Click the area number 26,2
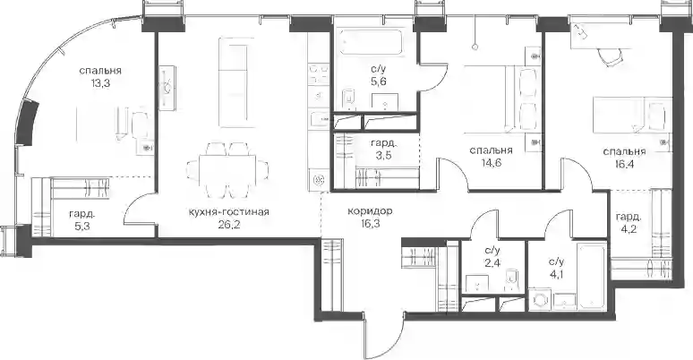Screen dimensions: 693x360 pyautogui.click(x=228, y=223)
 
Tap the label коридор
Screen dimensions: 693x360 pyautogui.click(x=370, y=211)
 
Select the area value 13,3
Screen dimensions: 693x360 pyautogui.click(x=100, y=82)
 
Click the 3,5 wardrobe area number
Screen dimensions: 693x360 pyautogui.click(x=383, y=155)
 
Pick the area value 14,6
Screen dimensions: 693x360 pyautogui.click(x=492, y=162)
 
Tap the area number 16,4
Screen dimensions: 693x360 pyautogui.click(x=624, y=163)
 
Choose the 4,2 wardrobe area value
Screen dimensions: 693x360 pyautogui.click(x=629, y=228)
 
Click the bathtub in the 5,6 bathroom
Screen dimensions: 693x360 pyautogui.click(x=371, y=42)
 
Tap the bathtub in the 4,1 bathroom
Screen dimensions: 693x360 pyautogui.click(x=591, y=277)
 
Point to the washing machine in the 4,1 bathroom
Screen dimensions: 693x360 pyautogui.click(x=541, y=299)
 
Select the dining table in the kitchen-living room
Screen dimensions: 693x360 pyautogui.click(x=227, y=169)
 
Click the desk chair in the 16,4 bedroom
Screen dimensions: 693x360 pyautogui.click(x=610, y=56)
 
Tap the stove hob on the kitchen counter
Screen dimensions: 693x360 pyautogui.click(x=316, y=73)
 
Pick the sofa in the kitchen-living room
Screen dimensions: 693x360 pyautogui.click(x=237, y=82)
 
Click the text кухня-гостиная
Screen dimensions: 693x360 pyautogui.click(x=228, y=212)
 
